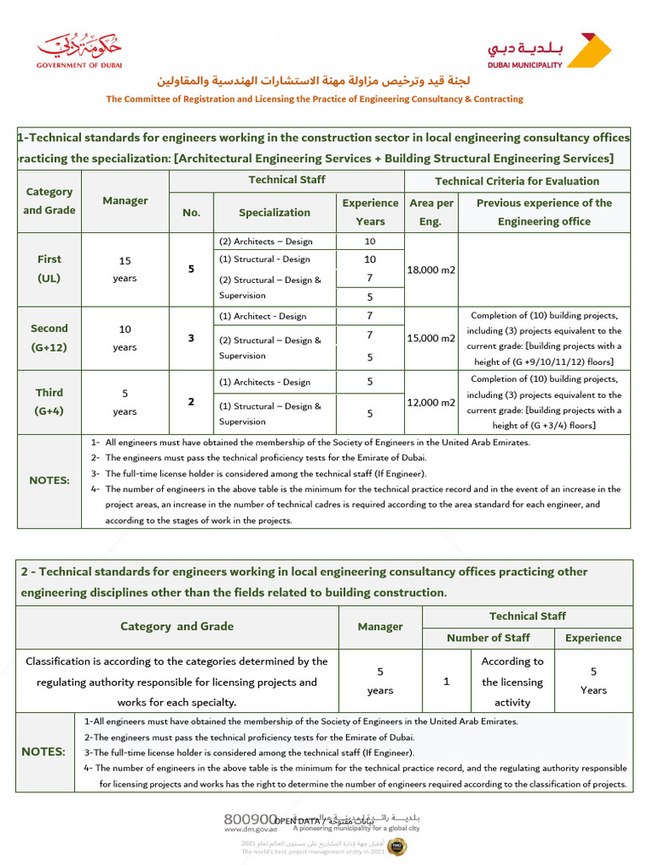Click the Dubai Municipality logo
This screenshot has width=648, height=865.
549,51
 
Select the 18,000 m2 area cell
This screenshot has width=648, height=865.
432,269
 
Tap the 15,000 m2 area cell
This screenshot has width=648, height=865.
432,338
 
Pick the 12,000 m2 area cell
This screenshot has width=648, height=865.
432,402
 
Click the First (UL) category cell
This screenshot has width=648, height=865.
49,269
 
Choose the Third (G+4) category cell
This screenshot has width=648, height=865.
49,402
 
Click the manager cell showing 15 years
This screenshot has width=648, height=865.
125,269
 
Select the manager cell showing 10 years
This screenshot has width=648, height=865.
125,338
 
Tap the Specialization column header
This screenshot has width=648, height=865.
274,213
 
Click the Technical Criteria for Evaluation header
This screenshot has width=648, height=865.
516,181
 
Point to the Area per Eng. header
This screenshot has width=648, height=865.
432,212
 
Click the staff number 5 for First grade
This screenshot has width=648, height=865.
192,269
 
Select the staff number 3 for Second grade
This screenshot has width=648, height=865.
192,338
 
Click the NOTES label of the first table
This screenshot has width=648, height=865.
50,480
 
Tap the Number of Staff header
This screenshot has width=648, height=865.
489,638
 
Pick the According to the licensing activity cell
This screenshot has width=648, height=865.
512,682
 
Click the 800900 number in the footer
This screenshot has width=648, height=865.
251,819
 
